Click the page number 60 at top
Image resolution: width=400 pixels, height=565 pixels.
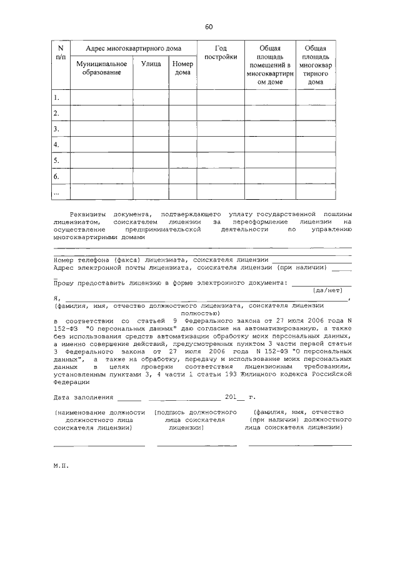click(209, 27)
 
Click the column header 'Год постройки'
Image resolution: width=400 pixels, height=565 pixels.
click(221, 53)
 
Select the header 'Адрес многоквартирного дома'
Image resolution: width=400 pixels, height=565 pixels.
click(133, 49)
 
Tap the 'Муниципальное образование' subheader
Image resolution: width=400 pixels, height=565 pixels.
click(101, 68)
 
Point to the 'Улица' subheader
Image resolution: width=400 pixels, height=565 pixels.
click(151, 64)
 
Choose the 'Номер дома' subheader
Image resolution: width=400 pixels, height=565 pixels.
click(182, 68)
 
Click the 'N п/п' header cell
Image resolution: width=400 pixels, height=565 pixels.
click(61, 53)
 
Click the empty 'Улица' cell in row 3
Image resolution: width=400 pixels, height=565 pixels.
click(151, 129)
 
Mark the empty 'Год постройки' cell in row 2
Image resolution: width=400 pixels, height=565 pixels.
click(221, 113)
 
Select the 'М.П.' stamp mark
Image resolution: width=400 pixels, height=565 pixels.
click(60, 465)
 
